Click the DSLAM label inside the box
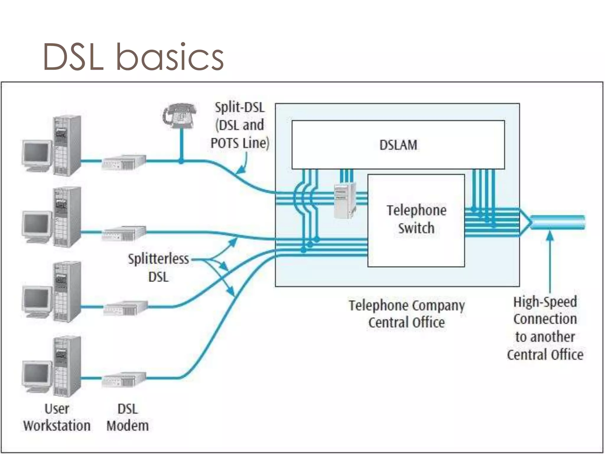pyautogui.click(x=398, y=145)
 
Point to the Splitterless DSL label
pyautogui.click(x=159, y=268)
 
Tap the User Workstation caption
pyautogui.click(x=57, y=417)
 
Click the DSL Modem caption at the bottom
pyautogui.click(x=128, y=417)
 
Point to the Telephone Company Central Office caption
pyautogui.click(x=406, y=314)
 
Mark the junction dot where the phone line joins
pyautogui.click(x=181, y=161)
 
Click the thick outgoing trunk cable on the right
pyautogui.click(x=558, y=222)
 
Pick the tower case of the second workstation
pyautogui.click(x=67, y=218)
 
